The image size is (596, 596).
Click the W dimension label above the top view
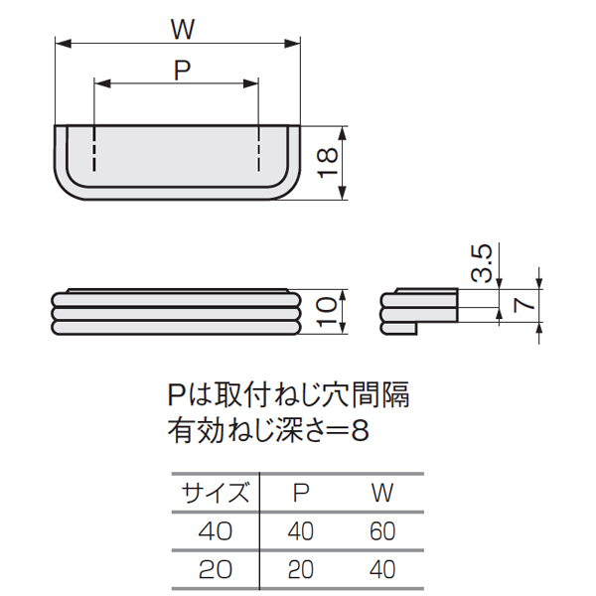pyautogui.click(x=183, y=29)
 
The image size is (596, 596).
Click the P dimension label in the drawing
pyautogui.click(x=183, y=70)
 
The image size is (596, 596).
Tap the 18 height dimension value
pyautogui.click(x=327, y=162)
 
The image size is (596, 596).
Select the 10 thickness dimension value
pyautogui.click(x=327, y=312)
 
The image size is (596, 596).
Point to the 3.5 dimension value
pyautogui.click(x=482, y=263)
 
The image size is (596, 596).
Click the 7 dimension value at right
pyautogui.click(x=523, y=305)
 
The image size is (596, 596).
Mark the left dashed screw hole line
pyautogui.click(x=94, y=148)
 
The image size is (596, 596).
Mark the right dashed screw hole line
pyautogui.click(x=259, y=148)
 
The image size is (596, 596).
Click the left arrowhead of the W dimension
pyautogui.click(x=64, y=44)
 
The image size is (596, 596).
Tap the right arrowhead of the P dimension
pyautogui.click(x=251, y=83)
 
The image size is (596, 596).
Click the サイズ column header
pyautogui.click(x=216, y=493)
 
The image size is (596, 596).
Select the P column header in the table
pyautogui.click(x=301, y=493)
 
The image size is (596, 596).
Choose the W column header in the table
pyautogui.click(x=382, y=493)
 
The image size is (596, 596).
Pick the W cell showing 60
pyautogui.click(x=382, y=531)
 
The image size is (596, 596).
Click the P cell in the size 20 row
pyautogui.click(x=301, y=570)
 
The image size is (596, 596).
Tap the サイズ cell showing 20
pyautogui.click(x=216, y=570)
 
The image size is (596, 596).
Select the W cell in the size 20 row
pyautogui.click(x=382, y=570)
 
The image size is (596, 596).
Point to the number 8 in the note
pyautogui.click(x=360, y=431)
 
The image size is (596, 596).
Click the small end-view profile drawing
pyautogui.click(x=419, y=311)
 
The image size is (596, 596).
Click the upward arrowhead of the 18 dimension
pyautogui.click(x=343, y=133)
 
